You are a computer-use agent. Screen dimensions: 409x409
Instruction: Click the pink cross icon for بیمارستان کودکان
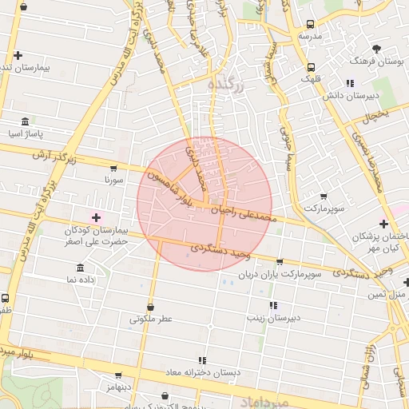pyautogui.click(x=97, y=217)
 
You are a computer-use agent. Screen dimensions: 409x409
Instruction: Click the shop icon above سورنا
pyautogui.click(x=113, y=169)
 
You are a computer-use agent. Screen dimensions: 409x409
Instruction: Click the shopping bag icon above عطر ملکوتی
pyautogui.click(x=150, y=307)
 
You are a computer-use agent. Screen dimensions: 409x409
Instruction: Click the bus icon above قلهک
pyautogui.click(x=311, y=67)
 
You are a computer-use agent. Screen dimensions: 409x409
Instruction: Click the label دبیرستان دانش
pyautogui.click(x=349, y=95)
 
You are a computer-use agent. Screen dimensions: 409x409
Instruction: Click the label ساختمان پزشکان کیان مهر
pyautogui.click(x=375, y=244)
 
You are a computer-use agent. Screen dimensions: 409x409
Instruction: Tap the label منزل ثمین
pyautogui.click(x=387, y=295)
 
